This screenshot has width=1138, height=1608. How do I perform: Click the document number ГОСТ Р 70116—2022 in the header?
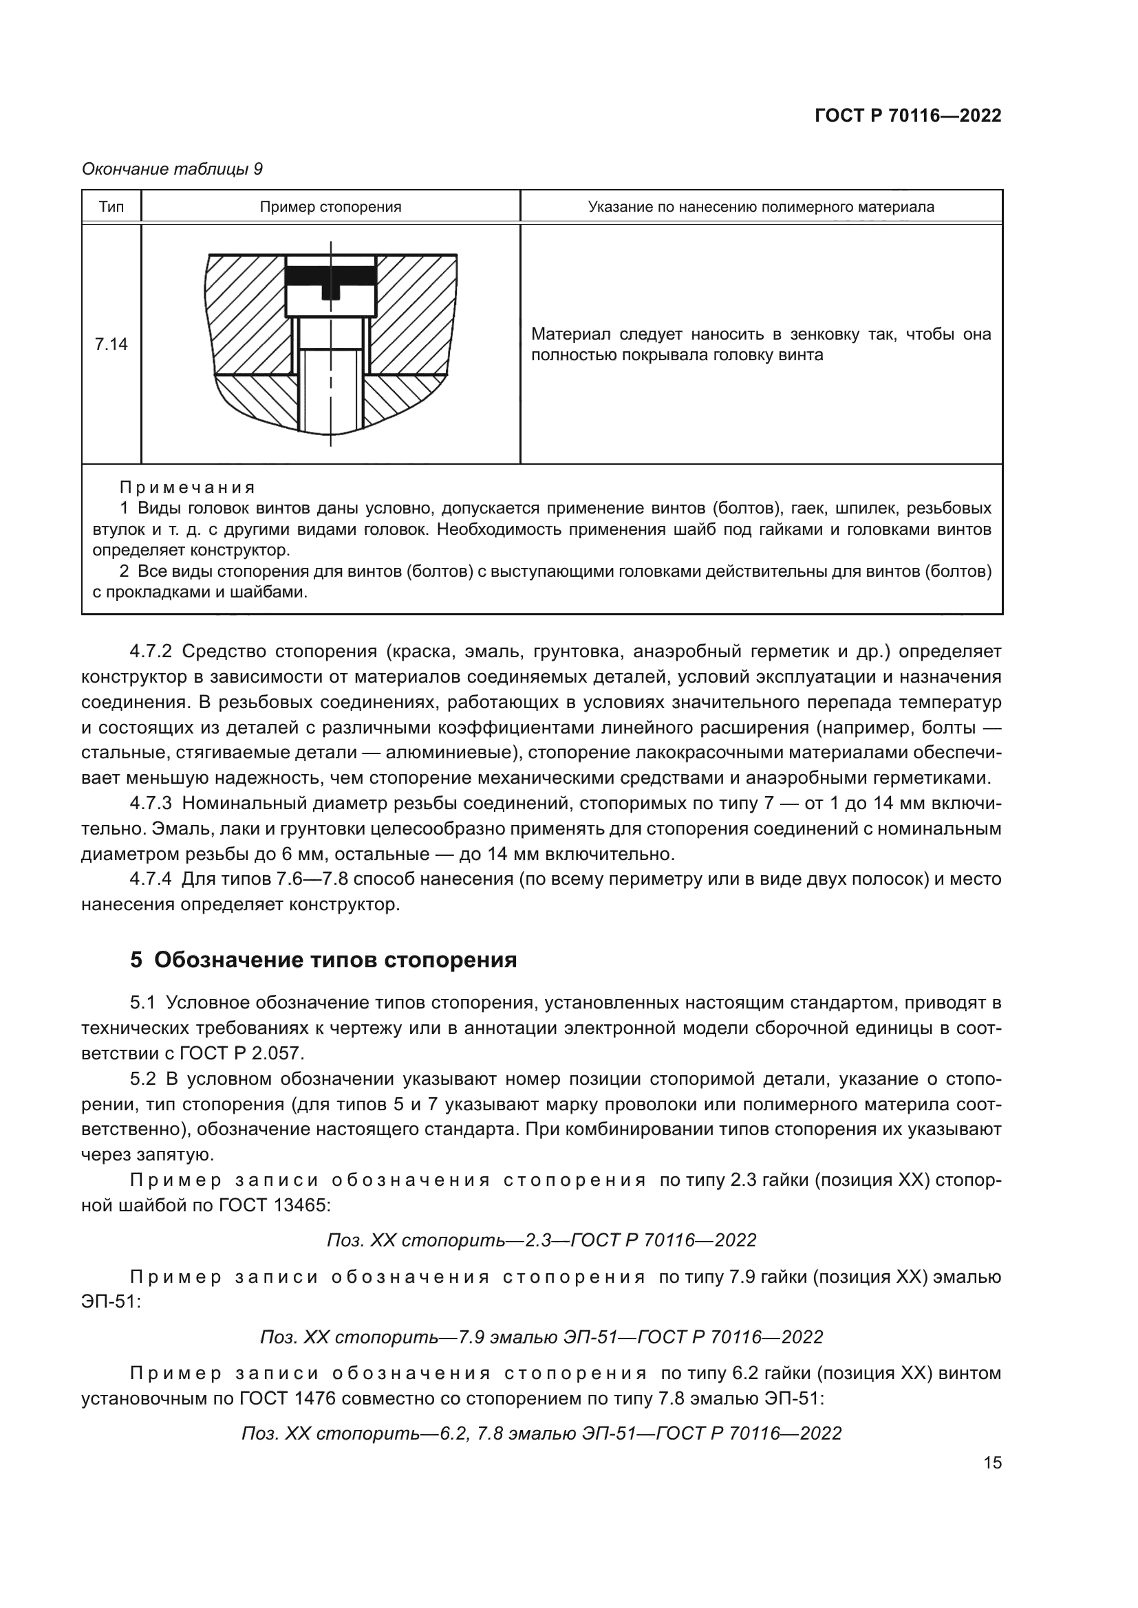pyautogui.click(x=908, y=116)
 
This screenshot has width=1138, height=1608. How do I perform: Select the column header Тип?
pyautogui.click(x=111, y=207)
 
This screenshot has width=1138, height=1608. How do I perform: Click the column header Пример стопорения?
pyautogui.click(x=330, y=207)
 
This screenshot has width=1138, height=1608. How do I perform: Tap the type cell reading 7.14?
pyautogui.click(x=111, y=344)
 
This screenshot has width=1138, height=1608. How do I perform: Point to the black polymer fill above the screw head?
pyautogui.click(x=331, y=275)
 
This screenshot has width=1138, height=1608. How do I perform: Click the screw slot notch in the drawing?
pyautogui.click(x=331, y=291)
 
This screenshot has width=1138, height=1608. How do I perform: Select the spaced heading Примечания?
pyautogui.click(x=187, y=487)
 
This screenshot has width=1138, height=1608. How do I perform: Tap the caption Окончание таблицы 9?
pyautogui.click(x=173, y=169)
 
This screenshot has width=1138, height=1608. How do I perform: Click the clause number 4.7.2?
pyautogui.click(x=151, y=651)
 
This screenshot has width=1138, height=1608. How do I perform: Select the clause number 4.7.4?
pyautogui.click(x=151, y=879)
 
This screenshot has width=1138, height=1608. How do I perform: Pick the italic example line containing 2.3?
pyautogui.click(x=541, y=1240)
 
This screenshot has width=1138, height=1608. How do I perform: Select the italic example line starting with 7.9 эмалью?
pyautogui.click(x=541, y=1337)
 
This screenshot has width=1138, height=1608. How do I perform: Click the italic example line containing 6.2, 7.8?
pyautogui.click(x=541, y=1433)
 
